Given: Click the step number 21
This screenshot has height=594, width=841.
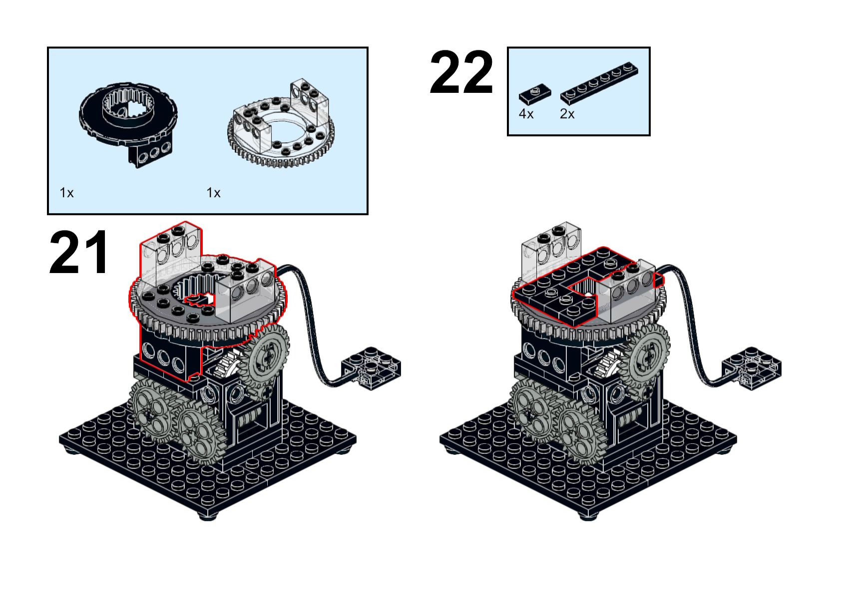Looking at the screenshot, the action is tap(79, 252).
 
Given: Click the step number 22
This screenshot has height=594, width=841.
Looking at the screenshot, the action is tap(461, 72).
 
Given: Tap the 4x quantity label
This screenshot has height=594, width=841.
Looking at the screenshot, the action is tap(526, 114).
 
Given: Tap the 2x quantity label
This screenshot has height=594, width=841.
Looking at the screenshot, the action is tap(567, 114).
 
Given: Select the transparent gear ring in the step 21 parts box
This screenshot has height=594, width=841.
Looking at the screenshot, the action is tap(281, 124).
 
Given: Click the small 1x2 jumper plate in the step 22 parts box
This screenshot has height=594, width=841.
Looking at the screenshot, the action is tap(535, 94).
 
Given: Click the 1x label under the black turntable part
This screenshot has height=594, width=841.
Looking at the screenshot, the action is tap(66, 193).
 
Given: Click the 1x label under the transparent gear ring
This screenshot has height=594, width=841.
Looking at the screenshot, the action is tap(213, 193).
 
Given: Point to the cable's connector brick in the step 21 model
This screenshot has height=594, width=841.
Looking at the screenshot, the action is tap(371, 368).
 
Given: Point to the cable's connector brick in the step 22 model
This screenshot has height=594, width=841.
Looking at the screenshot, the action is tap(752, 368).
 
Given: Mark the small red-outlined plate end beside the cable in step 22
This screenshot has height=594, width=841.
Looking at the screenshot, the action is tap(659, 281).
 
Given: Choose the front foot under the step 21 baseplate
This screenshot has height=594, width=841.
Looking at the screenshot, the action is tap(208, 516).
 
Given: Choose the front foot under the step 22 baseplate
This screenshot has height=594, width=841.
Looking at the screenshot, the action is tap(588, 516).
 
